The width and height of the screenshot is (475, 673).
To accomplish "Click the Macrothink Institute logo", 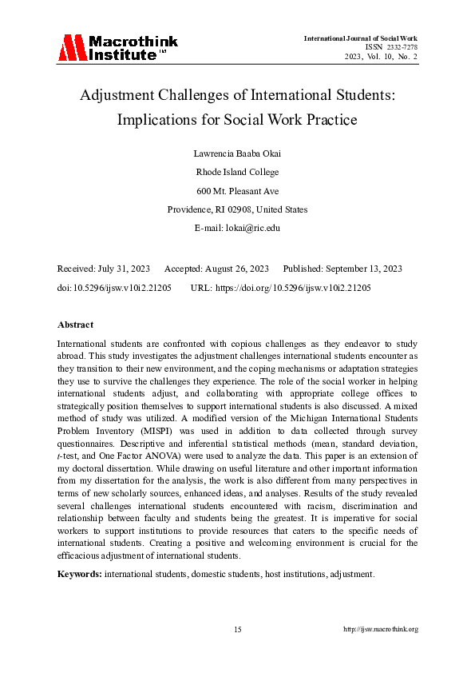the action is [117, 48].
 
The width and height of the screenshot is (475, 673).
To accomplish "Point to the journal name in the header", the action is [360, 38].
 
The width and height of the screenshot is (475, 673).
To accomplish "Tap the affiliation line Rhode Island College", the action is [237, 171].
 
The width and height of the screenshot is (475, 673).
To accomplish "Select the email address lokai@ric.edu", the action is [252, 228].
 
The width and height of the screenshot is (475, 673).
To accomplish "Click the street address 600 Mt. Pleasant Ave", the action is [237, 190].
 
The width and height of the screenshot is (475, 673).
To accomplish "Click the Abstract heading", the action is [75, 325].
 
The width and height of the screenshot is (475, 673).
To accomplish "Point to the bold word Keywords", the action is [80, 574].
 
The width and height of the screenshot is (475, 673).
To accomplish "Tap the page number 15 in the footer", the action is [237, 630].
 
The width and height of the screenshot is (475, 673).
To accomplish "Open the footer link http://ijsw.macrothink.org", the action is [381, 630].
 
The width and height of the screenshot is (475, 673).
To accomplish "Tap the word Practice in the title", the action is [323, 121].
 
